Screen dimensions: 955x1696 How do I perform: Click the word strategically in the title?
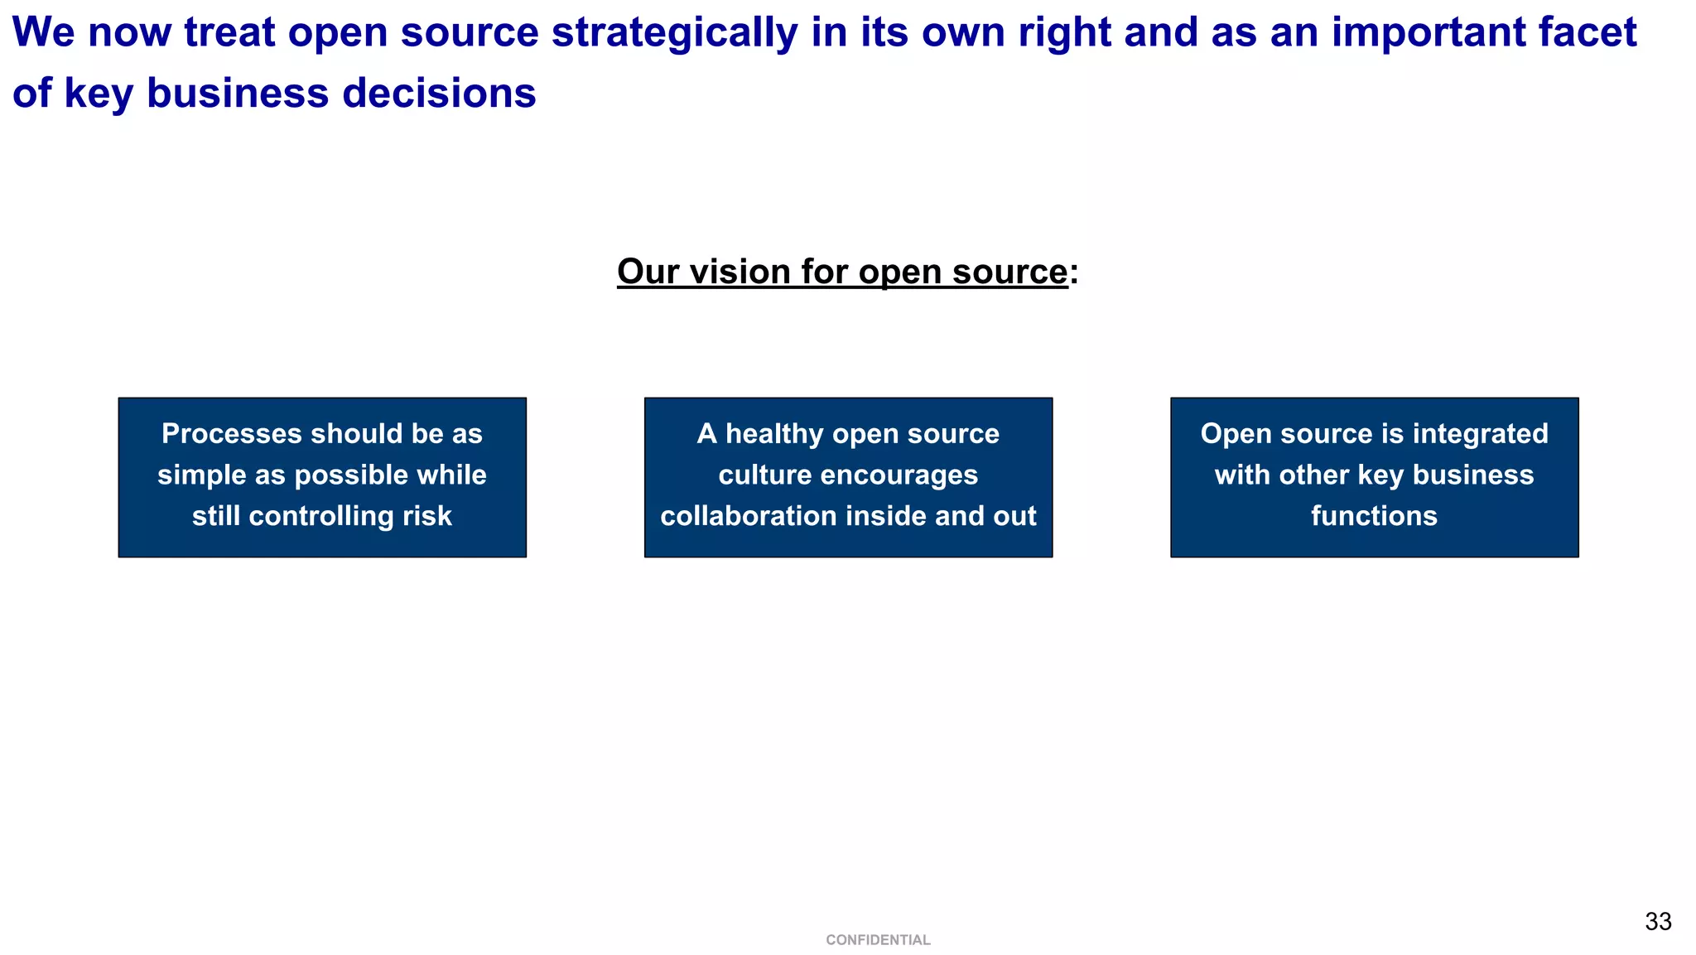[x=675, y=33]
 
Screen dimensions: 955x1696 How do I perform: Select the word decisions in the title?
[x=439, y=93]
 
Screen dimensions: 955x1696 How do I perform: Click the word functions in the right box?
[x=1374, y=516]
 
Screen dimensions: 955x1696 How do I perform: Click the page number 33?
[x=1658, y=922]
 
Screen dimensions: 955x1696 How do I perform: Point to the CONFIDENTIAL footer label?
[x=878, y=940]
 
